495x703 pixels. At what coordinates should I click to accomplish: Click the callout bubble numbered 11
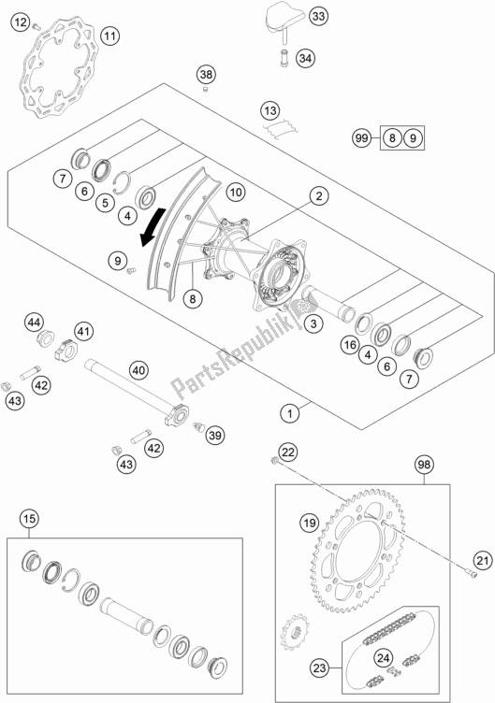tap(109, 36)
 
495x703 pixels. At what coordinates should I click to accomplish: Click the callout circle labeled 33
tap(318, 17)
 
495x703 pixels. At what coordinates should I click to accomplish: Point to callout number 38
tap(206, 74)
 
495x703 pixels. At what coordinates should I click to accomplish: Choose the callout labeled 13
tap(270, 108)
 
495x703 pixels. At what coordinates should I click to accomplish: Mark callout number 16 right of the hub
tap(348, 346)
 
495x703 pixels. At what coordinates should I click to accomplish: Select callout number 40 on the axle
tap(138, 370)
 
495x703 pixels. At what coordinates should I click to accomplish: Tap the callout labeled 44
tap(34, 323)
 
